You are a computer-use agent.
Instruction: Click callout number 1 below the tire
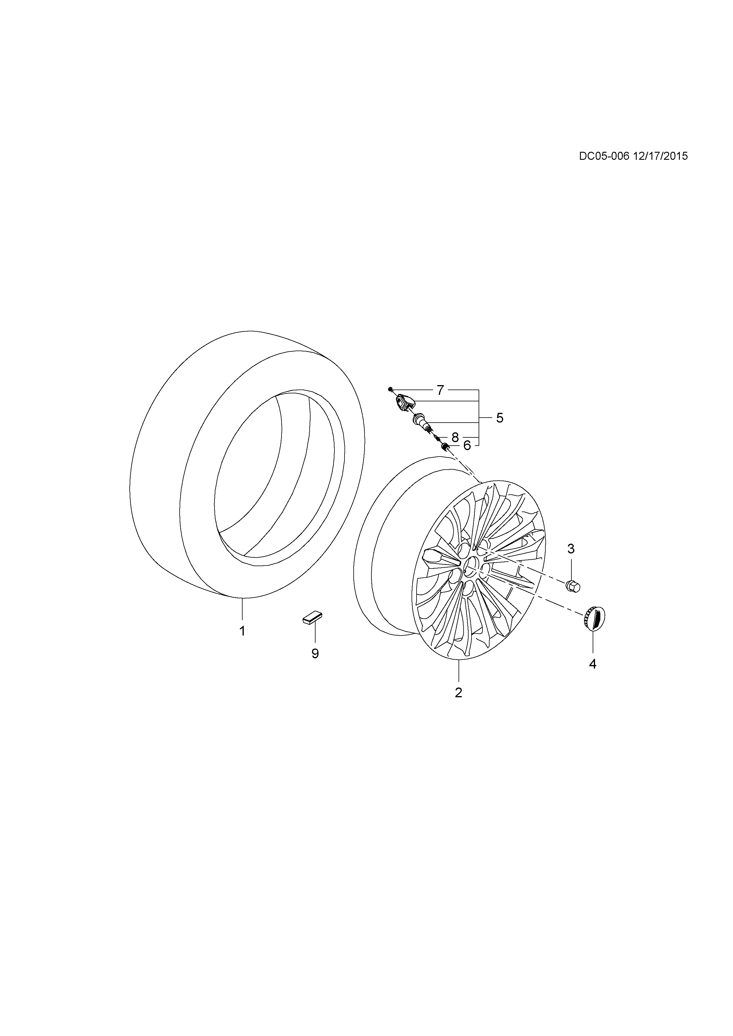point(242,631)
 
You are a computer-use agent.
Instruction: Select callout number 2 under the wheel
point(459,692)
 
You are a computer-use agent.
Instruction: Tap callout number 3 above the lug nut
point(571,549)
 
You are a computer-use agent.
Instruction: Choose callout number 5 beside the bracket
point(500,418)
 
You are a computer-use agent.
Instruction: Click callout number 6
point(467,446)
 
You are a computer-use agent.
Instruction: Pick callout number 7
point(441,390)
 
